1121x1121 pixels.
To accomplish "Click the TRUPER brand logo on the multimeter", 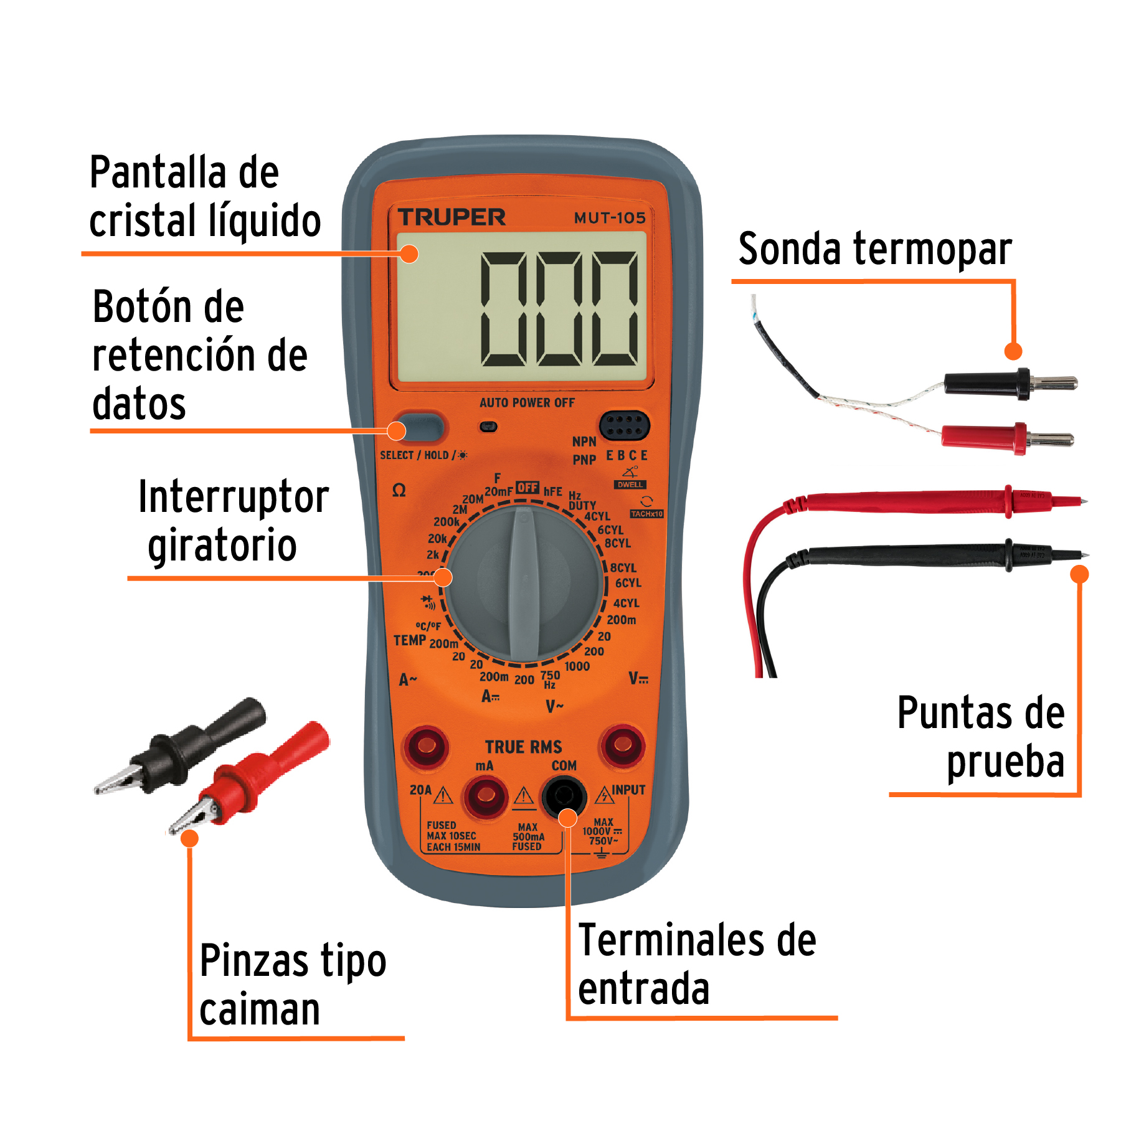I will tap(452, 217).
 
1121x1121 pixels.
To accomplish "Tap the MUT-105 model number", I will tap(609, 218).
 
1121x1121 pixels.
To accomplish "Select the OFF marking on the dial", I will tap(527, 488).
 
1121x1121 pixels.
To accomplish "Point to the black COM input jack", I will tap(564, 796).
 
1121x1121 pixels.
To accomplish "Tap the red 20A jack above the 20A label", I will tap(427, 745).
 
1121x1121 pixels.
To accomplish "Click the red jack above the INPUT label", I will tap(622, 744).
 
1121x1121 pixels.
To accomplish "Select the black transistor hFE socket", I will tap(624, 426).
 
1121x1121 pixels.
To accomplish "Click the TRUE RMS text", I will tap(523, 747).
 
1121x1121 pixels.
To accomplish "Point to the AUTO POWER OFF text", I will tap(527, 403).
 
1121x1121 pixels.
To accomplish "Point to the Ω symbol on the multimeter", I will tap(399, 491).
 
